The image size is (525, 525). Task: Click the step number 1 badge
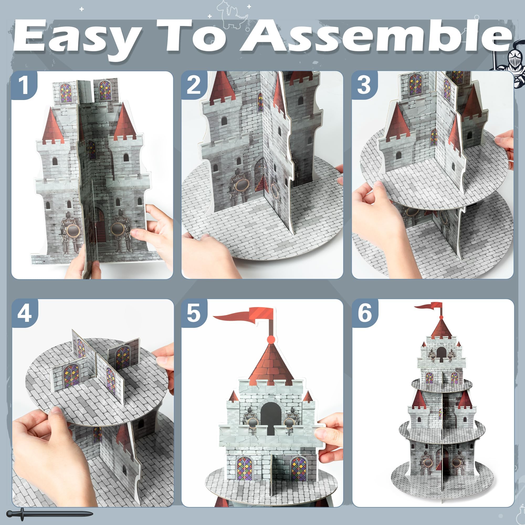(x=24, y=85)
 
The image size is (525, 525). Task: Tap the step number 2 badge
(x=193, y=85)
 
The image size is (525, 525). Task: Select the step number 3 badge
(x=364, y=85)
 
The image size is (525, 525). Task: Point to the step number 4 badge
(x=24, y=313)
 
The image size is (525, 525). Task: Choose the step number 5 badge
(x=194, y=313)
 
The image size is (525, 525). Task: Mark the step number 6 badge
(x=365, y=313)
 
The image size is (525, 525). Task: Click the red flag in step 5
(x=245, y=315)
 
